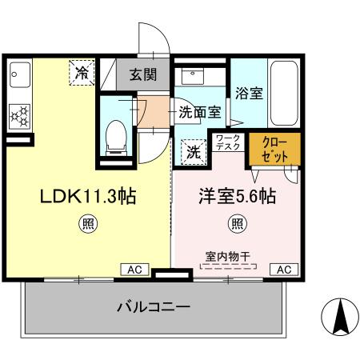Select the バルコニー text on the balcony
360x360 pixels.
point(153,306)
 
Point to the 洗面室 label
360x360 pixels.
point(199,113)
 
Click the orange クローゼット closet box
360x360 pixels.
point(275,150)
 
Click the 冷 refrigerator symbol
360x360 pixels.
point(82,72)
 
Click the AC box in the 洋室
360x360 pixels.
point(284,269)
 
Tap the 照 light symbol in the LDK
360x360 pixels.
point(83,223)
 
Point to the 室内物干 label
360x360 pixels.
point(228,256)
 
